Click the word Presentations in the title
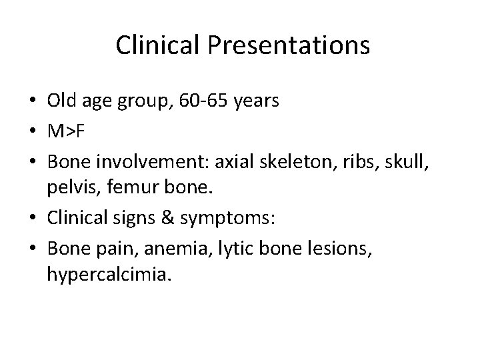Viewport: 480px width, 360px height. click(289, 45)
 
